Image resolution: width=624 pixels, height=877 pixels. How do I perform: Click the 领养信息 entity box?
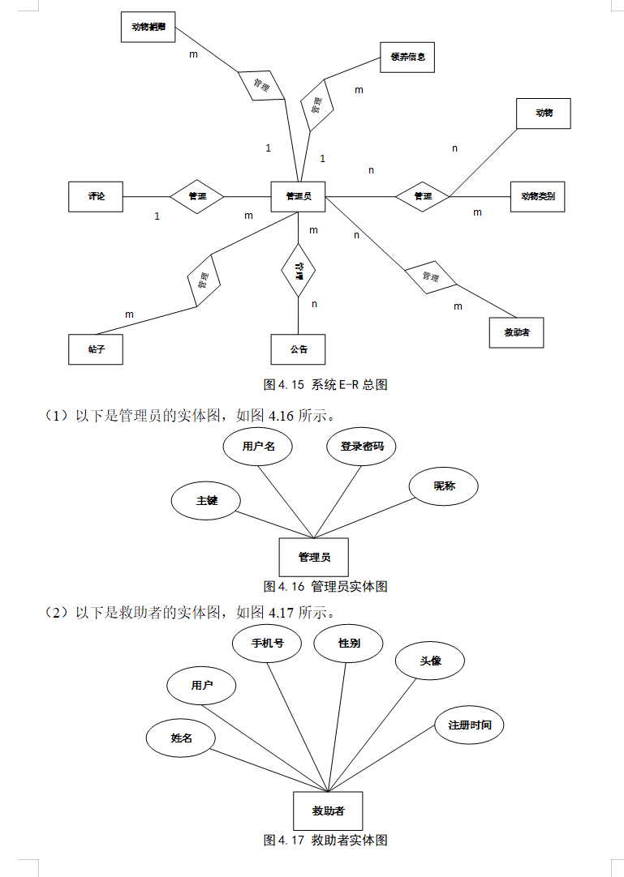[407, 58]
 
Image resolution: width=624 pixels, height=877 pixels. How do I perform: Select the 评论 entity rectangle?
[96, 196]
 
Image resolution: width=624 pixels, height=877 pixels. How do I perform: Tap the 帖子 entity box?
[96, 349]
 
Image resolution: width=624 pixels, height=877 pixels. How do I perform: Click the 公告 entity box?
[298, 349]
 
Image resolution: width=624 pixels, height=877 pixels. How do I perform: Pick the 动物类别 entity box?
[538, 196]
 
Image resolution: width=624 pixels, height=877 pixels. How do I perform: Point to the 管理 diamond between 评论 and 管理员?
[197, 196]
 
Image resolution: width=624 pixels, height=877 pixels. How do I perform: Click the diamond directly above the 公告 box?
[299, 271]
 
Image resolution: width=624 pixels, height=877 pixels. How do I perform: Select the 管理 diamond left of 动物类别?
[423, 196]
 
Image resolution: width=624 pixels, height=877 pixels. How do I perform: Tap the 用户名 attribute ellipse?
[258, 447]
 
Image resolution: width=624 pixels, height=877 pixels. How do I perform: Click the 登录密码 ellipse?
[361, 447]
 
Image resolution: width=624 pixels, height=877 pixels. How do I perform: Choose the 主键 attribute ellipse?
[207, 501]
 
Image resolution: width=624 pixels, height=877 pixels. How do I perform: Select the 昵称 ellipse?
[444, 486]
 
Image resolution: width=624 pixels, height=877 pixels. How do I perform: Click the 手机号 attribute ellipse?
[267, 644]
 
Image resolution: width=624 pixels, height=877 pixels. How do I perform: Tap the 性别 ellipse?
[349, 644]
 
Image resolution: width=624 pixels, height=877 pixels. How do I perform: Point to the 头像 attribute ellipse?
[430, 661]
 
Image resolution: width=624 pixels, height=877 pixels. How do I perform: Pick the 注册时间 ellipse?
[470, 725]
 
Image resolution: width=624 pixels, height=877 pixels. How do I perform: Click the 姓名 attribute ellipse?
[181, 738]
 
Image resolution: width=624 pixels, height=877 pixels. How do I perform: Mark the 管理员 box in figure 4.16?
[313, 557]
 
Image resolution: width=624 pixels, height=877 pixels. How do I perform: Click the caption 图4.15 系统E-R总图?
[325, 385]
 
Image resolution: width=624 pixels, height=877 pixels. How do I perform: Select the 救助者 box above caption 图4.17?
[328, 811]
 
